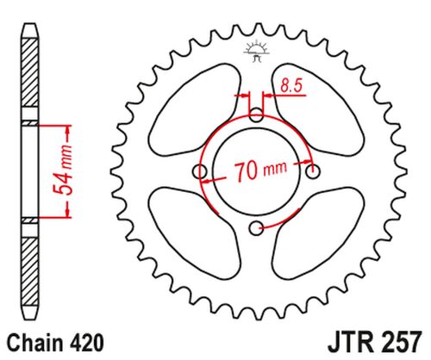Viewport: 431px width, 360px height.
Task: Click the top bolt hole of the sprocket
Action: tap(256, 115)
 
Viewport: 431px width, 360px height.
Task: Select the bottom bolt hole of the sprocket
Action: tap(256, 227)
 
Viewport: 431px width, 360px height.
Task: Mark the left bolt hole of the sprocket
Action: tap(201, 171)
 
